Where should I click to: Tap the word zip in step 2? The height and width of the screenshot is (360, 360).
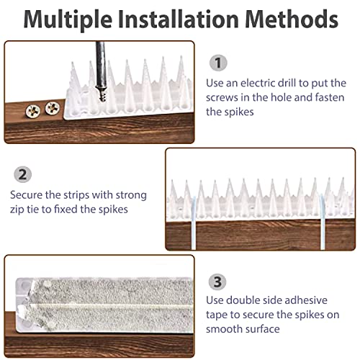(19, 210)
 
